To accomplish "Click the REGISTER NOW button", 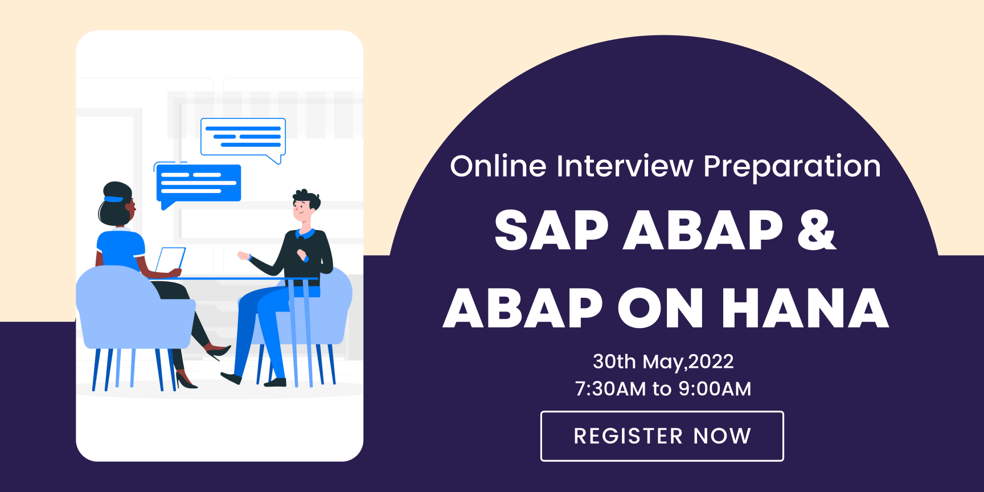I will [x=662, y=436].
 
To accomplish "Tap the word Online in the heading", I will [x=498, y=166].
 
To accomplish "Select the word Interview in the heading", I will [x=625, y=166].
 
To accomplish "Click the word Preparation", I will [x=792, y=167].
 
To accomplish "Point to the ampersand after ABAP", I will [x=817, y=230].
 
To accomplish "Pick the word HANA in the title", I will [x=805, y=308].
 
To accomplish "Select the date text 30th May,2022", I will [x=663, y=362].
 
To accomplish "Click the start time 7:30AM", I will [x=610, y=389].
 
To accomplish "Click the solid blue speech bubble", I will [x=198, y=184].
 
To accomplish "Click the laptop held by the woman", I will [x=170, y=260].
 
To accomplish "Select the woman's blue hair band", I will [x=113, y=199].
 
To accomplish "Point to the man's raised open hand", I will [x=244, y=256].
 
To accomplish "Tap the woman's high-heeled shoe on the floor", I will [x=186, y=380].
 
